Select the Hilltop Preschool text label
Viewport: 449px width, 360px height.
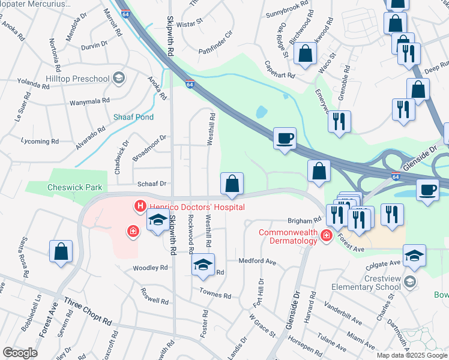coord(77,79)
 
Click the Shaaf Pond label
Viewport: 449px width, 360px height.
coord(133,117)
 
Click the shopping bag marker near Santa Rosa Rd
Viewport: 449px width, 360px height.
coord(61,252)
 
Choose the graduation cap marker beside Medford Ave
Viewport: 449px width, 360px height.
coord(203,265)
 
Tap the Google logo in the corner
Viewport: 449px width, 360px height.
coord(20,353)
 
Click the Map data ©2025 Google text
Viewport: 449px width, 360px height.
coord(412,355)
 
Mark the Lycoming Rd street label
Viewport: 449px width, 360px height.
coord(39,142)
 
